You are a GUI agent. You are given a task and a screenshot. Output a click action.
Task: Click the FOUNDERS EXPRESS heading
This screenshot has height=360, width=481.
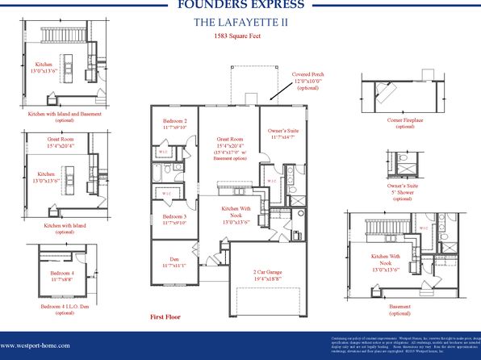click(x=240, y=5)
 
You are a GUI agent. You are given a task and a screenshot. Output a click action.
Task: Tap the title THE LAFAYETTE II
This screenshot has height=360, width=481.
click(x=240, y=22)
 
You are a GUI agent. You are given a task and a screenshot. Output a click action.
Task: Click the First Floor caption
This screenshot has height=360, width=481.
click(x=167, y=317)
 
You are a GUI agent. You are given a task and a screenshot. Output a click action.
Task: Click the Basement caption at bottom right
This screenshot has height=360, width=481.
click(x=398, y=307)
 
